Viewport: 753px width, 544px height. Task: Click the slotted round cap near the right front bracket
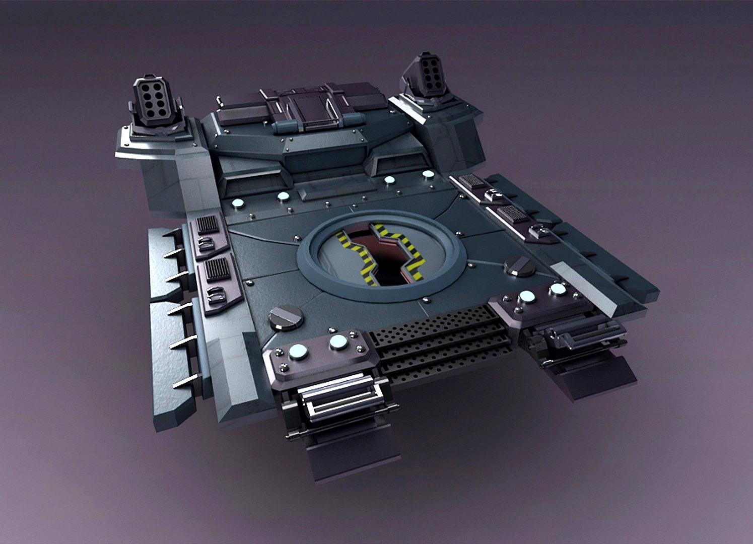[x=517, y=265]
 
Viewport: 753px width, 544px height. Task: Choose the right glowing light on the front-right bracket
[x=558, y=289]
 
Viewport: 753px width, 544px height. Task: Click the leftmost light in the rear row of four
[x=237, y=204]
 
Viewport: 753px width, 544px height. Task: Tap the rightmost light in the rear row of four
[x=428, y=175]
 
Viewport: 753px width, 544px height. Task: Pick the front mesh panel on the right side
[x=513, y=214]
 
